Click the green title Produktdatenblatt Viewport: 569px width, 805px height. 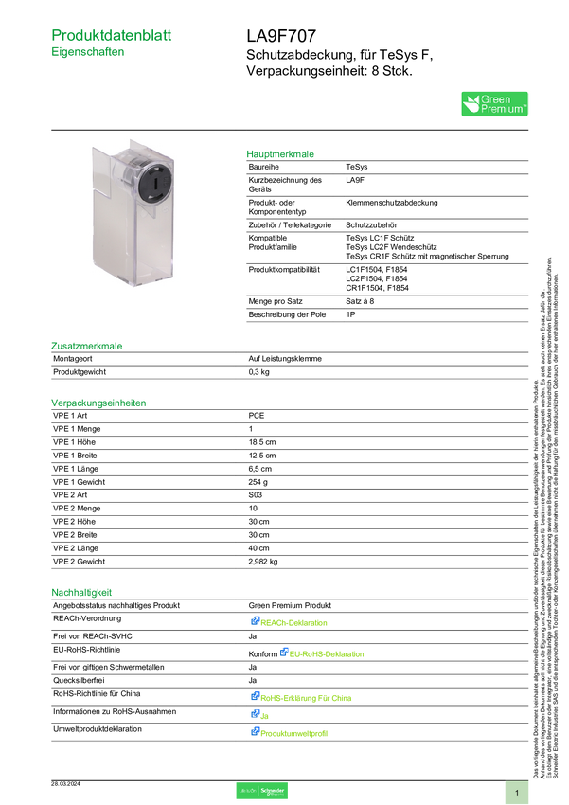coord(113,35)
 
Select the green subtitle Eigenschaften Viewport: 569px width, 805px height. coord(88,54)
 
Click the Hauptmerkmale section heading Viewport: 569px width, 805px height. coord(281,152)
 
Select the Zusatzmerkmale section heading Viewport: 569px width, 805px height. coord(87,346)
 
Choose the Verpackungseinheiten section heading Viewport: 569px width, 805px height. coord(98,402)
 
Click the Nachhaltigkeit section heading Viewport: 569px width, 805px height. coord(82,593)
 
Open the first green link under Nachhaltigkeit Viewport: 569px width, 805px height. coord(295,622)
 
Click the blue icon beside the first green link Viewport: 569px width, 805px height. coord(255,621)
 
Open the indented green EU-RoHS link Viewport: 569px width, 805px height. coord(327,653)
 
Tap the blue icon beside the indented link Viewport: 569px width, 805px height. coord(282,652)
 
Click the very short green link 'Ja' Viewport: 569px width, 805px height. coord(264,714)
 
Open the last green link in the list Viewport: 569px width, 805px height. coord(294,732)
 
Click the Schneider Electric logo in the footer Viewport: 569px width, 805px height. coord(261,791)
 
